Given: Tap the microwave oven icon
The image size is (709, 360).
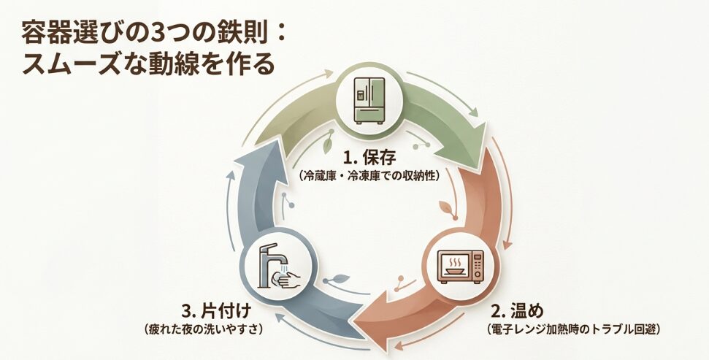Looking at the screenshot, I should pos(459,266).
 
